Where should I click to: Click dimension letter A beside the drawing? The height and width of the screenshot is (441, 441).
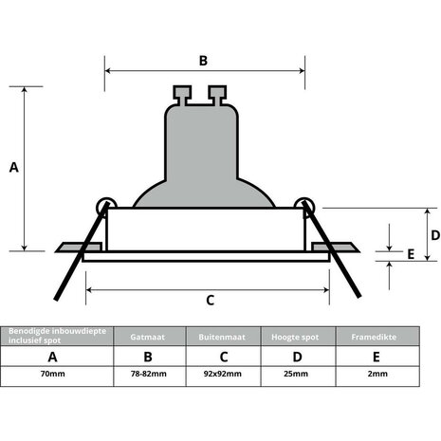13,168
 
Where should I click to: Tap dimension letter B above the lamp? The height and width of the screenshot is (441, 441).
203,60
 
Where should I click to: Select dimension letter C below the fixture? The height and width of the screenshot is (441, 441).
210,300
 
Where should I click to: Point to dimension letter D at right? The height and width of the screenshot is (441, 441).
434,235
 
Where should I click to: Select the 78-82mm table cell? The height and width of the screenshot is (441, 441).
147,375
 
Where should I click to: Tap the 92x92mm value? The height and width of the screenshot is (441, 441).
222,375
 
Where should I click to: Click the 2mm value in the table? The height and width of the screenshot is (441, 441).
377,375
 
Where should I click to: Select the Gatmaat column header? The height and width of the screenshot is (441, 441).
147,337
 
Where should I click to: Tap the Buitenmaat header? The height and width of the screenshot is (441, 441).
222,337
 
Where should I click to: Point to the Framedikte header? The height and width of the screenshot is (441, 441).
377,337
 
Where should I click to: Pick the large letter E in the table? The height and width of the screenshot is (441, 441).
377,357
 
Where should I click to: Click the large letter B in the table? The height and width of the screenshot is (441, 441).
147,357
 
